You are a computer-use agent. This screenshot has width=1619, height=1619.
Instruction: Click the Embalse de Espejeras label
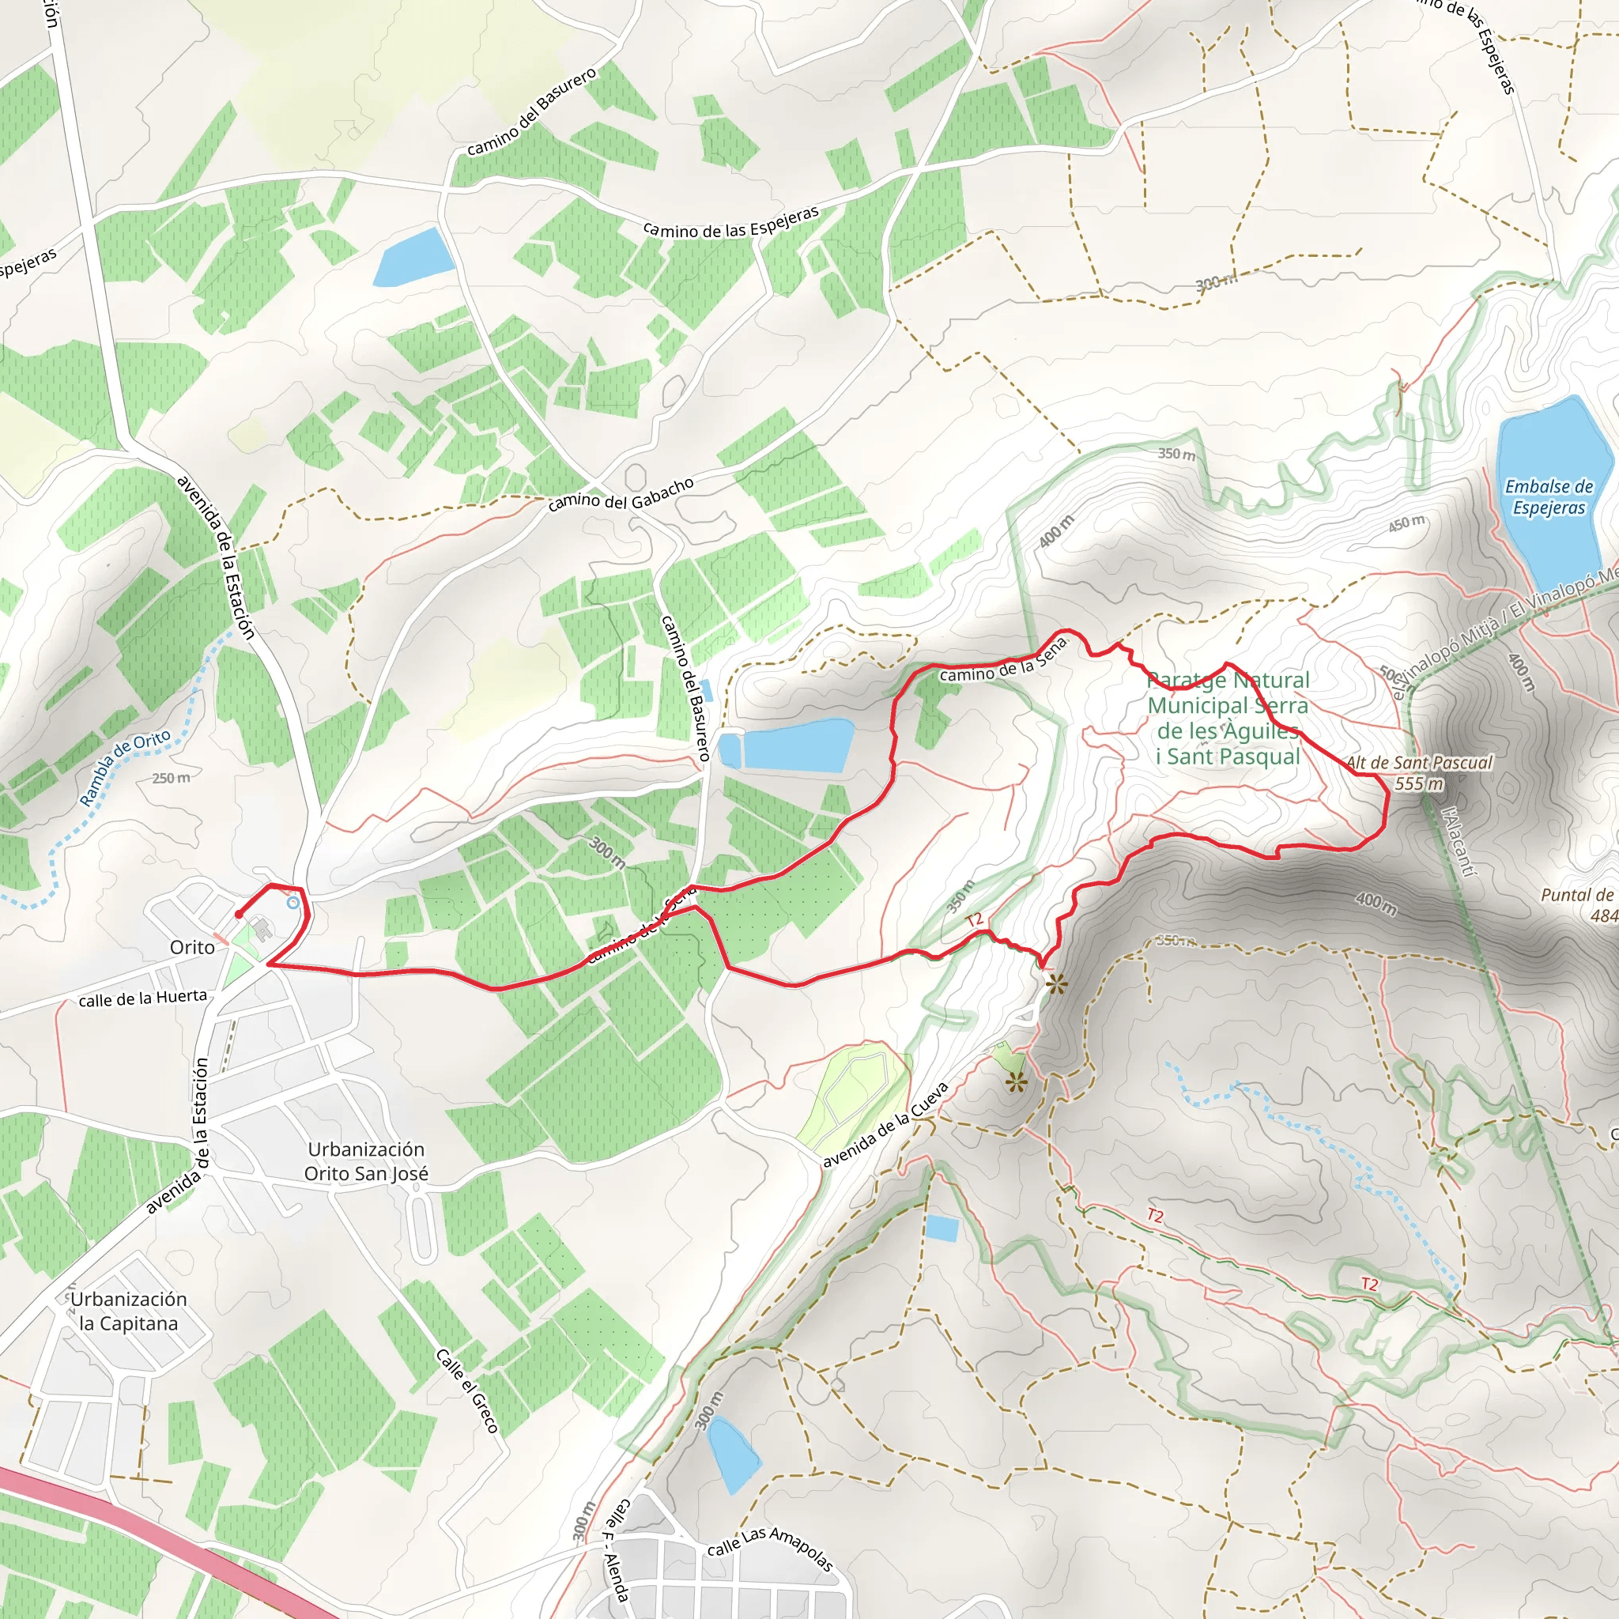click(x=1549, y=497)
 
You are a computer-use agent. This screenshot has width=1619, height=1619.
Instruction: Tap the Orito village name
click(x=192, y=947)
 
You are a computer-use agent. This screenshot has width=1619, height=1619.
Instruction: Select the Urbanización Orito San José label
click(x=365, y=1161)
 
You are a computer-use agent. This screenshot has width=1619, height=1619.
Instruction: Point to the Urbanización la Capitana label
click(x=128, y=1311)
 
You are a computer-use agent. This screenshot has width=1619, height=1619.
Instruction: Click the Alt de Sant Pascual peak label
click(x=1419, y=763)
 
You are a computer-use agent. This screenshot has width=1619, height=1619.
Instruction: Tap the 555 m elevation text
click(x=1419, y=783)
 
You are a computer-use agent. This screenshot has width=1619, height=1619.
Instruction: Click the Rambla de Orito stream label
click(x=125, y=768)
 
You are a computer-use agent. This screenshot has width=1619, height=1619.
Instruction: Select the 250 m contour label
click(x=171, y=778)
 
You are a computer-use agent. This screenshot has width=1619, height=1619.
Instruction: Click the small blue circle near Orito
click(x=292, y=903)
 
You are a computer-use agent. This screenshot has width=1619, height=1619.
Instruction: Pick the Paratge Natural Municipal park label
click(x=1228, y=718)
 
